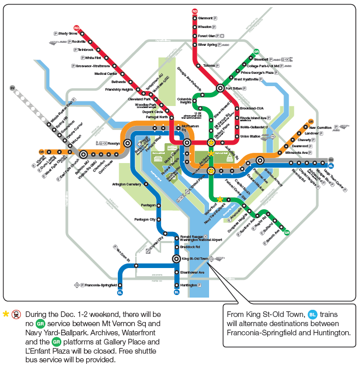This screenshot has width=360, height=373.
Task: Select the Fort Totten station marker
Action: (x=220, y=88)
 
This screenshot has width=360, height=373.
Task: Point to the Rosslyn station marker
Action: (x=127, y=143)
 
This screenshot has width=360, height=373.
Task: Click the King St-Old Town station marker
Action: (x=176, y=259)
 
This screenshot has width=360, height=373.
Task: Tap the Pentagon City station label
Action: (x=144, y=219)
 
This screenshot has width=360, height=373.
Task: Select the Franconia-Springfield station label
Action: (x=100, y=285)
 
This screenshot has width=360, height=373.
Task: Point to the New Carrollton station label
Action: (x=320, y=127)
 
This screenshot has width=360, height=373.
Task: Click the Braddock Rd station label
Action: (x=191, y=247)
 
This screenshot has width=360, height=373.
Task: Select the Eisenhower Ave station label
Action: (x=193, y=272)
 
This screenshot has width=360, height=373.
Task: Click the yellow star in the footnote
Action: (x=6, y=314)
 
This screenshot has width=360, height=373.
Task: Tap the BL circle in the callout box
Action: (x=313, y=314)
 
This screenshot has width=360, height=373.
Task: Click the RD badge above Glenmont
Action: (x=195, y=11)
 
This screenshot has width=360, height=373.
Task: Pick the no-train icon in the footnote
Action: (x=17, y=314)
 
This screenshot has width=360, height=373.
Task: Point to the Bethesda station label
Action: (x=118, y=82)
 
